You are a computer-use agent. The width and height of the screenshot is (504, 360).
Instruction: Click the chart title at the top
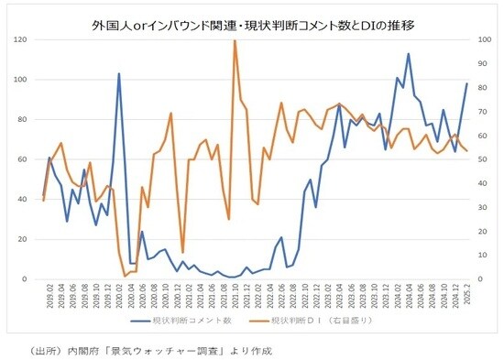click(x=254, y=25)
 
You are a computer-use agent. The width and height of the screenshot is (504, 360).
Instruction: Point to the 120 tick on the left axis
click(x=19, y=40)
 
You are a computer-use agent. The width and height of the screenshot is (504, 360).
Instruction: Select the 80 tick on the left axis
click(x=21, y=120)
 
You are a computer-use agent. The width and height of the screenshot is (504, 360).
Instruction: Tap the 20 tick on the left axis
click(x=21, y=239)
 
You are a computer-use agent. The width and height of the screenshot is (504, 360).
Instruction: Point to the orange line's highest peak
click(x=235, y=41)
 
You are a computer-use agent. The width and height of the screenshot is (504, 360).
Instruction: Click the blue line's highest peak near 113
click(x=408, y=54)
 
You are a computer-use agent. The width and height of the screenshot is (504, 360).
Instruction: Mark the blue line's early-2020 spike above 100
click(x=119, y=74)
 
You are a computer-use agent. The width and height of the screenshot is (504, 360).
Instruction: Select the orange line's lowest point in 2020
click(x=125, y=276)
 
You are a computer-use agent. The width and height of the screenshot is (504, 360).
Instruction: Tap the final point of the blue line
click(x=466, y=84)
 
